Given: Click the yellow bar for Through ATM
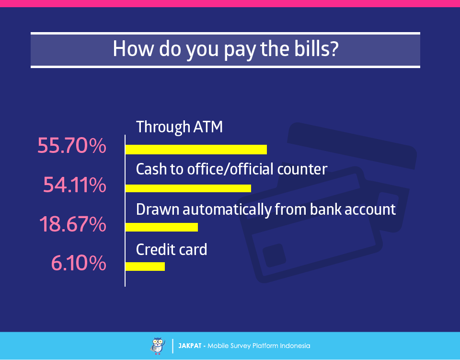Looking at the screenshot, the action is [x=196, y=150].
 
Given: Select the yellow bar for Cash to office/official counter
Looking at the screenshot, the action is [x=188, y=188].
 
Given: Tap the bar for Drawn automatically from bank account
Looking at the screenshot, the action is [x=161, y=227].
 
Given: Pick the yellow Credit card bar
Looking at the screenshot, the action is [x=145, y=267].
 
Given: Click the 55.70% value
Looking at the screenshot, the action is [x=72, y=146].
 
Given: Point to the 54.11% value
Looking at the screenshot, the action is [x=75, y=185].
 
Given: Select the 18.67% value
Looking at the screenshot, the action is [x=73, y=224].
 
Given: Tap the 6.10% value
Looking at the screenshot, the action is [x=79, y=263].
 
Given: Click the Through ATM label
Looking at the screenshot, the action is [x=179, y=128].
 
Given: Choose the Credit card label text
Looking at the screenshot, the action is [x=172, y=250].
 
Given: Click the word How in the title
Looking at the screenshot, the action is [x=133, y=49].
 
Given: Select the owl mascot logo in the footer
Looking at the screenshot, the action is [x=158, y=346].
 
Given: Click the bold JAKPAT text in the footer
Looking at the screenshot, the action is [x=190, y=346].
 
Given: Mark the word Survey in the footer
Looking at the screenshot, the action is [x=241, y=346].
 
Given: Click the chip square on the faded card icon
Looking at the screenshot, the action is [x=274, y=255].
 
